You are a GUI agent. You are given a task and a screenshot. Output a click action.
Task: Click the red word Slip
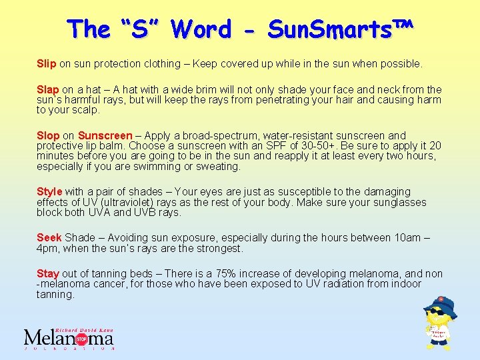[47, 64]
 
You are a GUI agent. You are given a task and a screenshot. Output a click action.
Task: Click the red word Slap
[48, 89]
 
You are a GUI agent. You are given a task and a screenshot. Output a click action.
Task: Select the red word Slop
[48, 136]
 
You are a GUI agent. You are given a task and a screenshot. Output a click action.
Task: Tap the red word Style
[49, 192]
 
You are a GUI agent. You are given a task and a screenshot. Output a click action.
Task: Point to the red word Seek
[49, 238]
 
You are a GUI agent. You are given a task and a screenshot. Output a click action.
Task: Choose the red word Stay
[48, 273]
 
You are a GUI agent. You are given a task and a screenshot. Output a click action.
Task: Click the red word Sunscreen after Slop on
[105, 136]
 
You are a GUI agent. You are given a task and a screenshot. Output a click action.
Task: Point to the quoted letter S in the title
[139, 29]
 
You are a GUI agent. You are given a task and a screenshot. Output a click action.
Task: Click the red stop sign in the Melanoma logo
[81, 338]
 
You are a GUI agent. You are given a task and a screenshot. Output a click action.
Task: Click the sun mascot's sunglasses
[436, 311]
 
